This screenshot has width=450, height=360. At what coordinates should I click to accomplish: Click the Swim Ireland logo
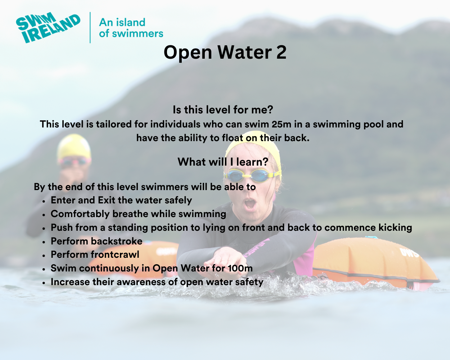(x=48, y=28)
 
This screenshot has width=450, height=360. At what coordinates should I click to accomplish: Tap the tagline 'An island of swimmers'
(x=131, y=28)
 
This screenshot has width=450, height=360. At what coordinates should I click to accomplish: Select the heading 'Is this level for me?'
(x=223, y=109)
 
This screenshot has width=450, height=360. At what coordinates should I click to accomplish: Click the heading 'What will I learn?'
(x=223, y=162)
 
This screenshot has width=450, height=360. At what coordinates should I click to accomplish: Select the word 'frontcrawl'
(x=115, y=255)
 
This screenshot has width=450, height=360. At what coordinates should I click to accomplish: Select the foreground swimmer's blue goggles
(x=252, y=175)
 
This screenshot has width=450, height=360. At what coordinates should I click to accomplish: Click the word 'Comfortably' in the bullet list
(x=80, y=214)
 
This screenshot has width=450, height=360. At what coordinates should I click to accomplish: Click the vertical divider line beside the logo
(x=90, y=28)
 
